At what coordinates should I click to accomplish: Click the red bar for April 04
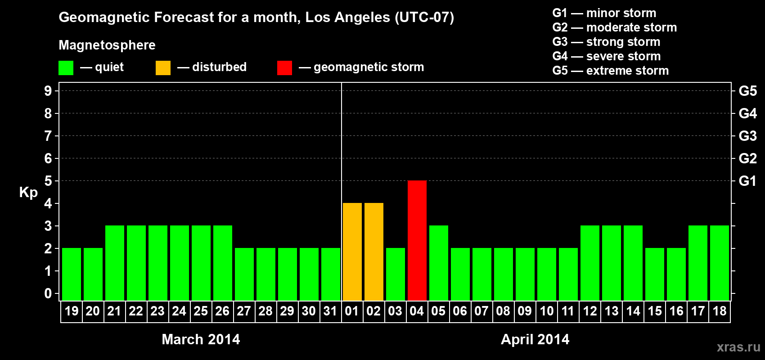tap(417, 240)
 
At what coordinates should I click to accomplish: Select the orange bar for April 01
tap(352, 252)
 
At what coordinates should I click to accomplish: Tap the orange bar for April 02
tap(374, 252)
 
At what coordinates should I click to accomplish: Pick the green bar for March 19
tap(72, 274)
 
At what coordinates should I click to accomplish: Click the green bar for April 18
tap(720, 263)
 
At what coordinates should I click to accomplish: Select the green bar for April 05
tap(439, 263)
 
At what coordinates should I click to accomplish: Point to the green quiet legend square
tap(66, 68)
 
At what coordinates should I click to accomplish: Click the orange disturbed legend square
tap(163, 68)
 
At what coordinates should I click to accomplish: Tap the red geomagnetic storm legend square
tap(284, 68)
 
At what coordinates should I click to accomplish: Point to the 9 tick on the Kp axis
tap(48, 91)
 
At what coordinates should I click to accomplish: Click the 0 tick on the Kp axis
tap(48, 293)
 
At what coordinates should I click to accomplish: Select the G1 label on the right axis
tap(747, 181)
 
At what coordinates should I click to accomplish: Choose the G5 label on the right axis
tap(747, 91)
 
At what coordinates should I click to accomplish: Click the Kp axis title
tap(28, 192)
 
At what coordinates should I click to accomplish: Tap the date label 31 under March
tap(330, 311)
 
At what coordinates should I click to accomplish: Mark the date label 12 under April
tap(590, 311)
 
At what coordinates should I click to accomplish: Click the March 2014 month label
tap(201, 339)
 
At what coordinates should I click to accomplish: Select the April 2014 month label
tap(535, 339)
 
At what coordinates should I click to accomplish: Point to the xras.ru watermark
tap(738, 347)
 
